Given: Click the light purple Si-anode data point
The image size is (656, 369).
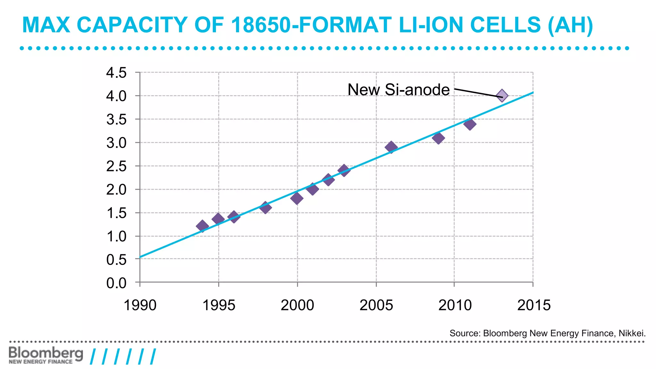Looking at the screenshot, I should click(502, 95).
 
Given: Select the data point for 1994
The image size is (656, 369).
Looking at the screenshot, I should click(202, 226).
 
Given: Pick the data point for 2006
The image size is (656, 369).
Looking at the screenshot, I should click(391, 147).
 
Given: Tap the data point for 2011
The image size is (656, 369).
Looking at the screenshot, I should click(470, 124).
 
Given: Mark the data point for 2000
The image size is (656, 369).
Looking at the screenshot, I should click(297, 198).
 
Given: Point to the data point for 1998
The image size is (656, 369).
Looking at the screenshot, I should click(265, 208).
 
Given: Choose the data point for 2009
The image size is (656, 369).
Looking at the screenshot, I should click(438, 138).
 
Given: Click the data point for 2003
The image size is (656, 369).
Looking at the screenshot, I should click(344, 170).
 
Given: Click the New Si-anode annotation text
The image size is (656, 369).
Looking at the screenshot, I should click(398, 90).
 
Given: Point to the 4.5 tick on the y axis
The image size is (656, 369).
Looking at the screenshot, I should click(117, 73).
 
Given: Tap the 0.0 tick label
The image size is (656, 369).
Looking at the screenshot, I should click(117, 283).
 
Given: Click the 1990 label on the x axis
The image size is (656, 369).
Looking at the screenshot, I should click(140, 305).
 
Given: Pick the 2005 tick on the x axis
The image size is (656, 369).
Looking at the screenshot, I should click(376, 305).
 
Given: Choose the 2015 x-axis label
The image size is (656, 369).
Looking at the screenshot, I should click(534, 305).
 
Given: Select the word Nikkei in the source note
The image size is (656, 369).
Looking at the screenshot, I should click(632, 333).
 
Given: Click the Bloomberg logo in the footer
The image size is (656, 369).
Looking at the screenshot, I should click(45, 355).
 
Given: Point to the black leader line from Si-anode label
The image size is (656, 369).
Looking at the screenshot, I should click(477, 93).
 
